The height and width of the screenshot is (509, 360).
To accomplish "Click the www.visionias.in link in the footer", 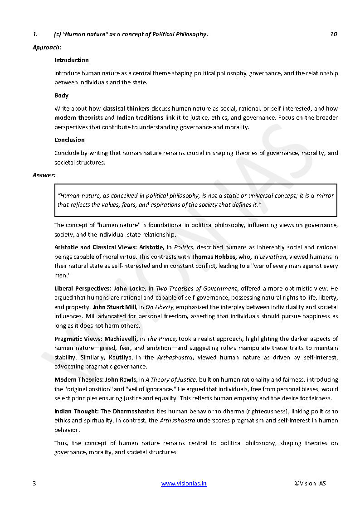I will (x=184, y=483).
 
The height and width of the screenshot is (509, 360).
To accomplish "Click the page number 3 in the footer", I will (x=34, y=483).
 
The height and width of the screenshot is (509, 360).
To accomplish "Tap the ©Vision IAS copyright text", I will (x=310, y=483).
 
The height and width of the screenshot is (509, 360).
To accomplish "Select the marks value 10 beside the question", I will (x=333, y=34).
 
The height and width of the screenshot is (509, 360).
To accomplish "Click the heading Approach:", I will (x=47, y=47).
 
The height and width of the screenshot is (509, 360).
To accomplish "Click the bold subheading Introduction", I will (x=72, y=60).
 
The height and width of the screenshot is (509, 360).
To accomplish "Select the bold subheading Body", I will (x=62, y=95).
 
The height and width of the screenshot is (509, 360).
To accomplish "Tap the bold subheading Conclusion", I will (x=69, y=140).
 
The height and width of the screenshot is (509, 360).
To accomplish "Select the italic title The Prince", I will (x=158, y=339).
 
